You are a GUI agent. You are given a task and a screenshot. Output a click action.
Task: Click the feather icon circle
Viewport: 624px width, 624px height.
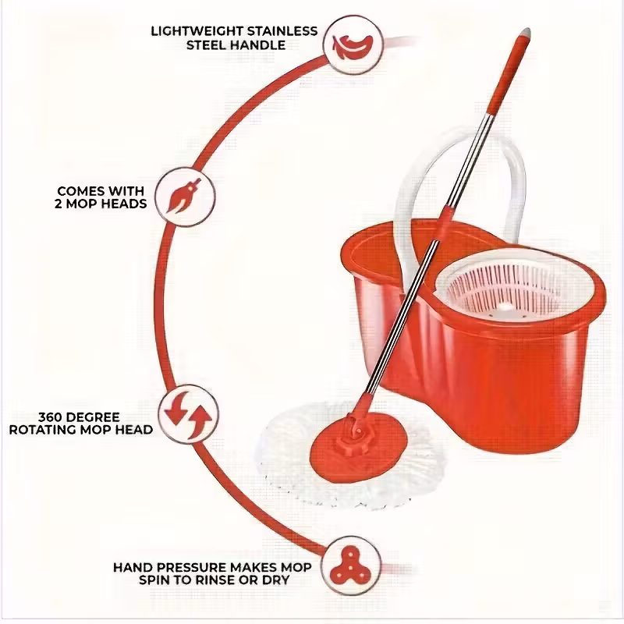click(x=353, y=44)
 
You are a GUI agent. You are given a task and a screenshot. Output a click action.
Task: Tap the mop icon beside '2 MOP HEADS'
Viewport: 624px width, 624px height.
click(x=185, y=197)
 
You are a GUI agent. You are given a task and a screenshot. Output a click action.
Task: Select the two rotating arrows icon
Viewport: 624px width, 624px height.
click(x=188, y=415)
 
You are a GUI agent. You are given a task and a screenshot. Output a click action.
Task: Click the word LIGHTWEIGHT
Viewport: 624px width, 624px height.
click(x=197, y=31)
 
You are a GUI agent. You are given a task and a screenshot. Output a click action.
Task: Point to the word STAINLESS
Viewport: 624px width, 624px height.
click(x=282, y=31)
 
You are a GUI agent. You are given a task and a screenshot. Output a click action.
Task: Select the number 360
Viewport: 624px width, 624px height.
click(x=50, y=417)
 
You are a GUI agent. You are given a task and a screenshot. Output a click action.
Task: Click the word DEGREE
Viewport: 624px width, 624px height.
click(x=93, y=417)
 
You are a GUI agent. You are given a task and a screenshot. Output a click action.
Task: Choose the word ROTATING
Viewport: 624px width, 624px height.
click(x=44, y=431)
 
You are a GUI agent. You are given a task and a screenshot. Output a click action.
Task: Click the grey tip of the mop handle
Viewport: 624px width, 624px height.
click(x=526, y=32)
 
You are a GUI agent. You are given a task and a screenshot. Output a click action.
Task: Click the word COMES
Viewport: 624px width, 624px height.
click(x=82, y=191)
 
